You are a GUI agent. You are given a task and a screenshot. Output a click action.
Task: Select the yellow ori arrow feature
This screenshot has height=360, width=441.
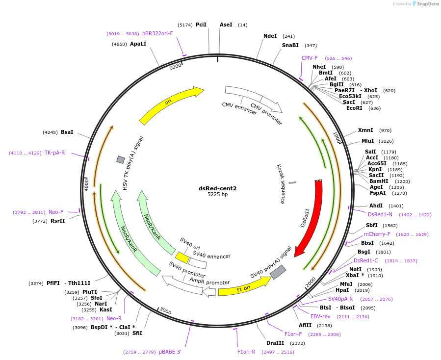point(169,103)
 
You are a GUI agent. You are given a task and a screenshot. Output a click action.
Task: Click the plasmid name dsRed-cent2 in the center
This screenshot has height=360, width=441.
point(217,188)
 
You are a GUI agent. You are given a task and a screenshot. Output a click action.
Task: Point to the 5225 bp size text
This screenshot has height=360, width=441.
point(217,195)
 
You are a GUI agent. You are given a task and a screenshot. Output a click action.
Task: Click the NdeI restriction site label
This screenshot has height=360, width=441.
point(270,36)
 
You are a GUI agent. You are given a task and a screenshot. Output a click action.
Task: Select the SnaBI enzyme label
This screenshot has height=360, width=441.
point(290,46)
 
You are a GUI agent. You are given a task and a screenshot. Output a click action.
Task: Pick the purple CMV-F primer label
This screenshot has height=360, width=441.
point(310,58)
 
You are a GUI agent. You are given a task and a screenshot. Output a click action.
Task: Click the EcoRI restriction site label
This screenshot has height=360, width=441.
point(354,108)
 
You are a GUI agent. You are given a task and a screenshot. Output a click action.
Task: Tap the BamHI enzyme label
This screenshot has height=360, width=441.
point(379,181)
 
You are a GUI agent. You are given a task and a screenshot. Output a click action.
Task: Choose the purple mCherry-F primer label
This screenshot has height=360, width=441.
point(377,234)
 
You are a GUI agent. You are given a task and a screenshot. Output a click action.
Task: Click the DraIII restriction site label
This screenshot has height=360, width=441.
point(275,343)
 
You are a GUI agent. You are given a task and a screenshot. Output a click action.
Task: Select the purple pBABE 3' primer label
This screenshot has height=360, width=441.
point(170,352)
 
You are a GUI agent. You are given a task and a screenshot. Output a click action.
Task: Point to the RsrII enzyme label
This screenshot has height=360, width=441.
point(58,221)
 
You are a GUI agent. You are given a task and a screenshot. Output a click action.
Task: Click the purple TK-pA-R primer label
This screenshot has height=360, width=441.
point(54,153)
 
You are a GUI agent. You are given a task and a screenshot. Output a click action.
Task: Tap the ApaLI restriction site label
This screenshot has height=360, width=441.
point(138,44)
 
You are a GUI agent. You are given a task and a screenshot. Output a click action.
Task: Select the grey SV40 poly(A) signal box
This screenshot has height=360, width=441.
point(278,272)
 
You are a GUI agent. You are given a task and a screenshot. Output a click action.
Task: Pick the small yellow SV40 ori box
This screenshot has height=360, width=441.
point(182,257)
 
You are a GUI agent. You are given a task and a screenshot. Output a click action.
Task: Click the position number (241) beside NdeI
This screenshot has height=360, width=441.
point(288,36)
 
